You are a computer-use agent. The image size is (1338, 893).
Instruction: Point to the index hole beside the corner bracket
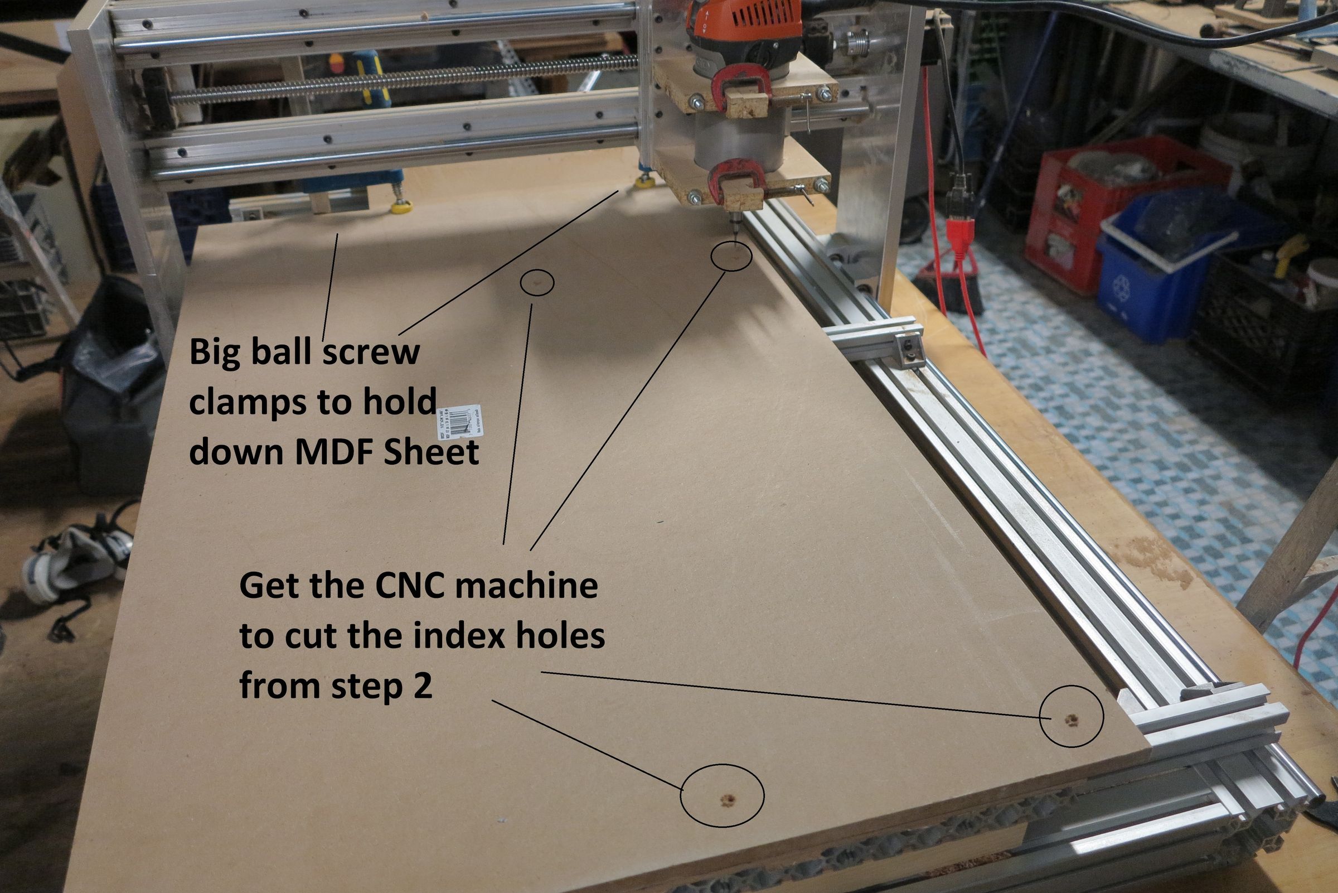1070,721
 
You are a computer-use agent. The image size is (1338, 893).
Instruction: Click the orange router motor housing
743,23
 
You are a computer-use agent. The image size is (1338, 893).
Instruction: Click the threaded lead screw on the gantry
399,83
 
